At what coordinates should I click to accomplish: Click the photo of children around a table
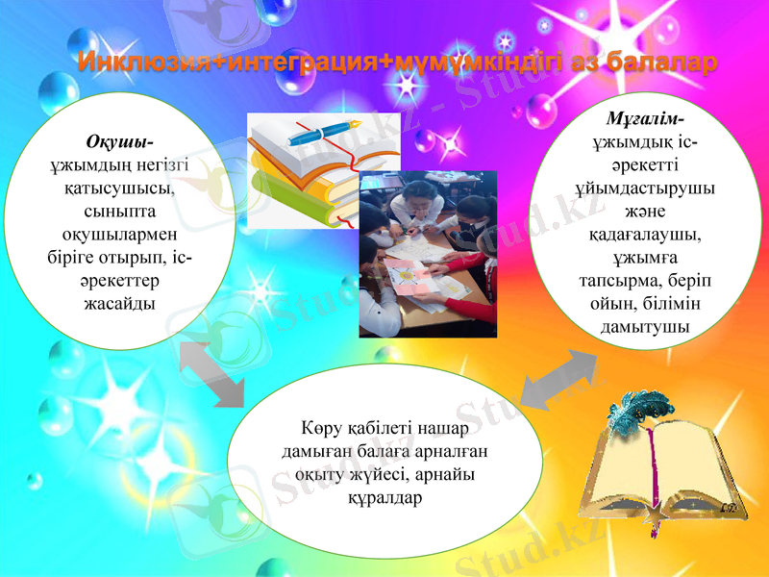428,254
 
